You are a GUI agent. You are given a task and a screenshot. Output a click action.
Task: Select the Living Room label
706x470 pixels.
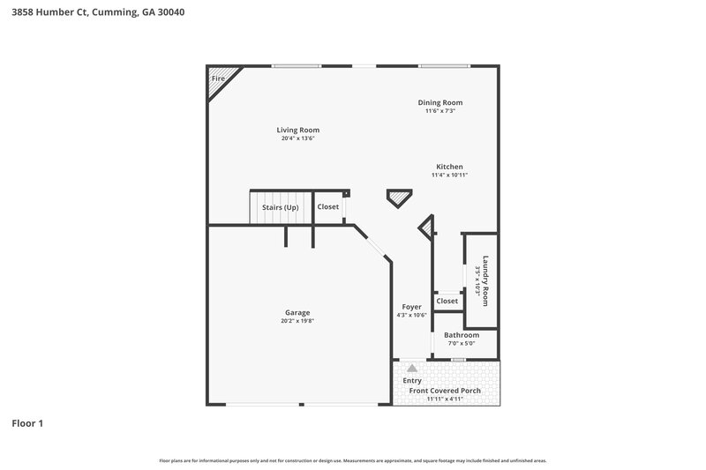(298, 130)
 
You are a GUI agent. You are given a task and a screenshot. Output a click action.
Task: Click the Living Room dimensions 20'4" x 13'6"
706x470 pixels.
(298, 138)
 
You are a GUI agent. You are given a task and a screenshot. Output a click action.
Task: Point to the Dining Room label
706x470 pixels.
(440, 102)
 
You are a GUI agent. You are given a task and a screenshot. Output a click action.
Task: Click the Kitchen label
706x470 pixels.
(449, 167)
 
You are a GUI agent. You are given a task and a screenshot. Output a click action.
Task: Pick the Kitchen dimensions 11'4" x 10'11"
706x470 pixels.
(449, 175)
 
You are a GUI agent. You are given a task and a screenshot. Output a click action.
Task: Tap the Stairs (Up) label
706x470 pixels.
(281, 207)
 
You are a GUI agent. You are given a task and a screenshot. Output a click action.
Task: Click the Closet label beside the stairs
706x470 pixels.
(328, 207)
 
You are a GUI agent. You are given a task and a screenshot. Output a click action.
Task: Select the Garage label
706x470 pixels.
(297, 312)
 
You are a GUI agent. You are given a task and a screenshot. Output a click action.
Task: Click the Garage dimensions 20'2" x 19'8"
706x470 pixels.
(297, 321)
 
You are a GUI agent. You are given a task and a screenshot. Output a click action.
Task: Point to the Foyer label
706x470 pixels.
(411, 307)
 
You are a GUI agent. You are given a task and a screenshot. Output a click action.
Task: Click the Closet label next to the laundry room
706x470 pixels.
(447, 301)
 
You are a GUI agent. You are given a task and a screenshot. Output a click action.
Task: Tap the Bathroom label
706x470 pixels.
(462, 335)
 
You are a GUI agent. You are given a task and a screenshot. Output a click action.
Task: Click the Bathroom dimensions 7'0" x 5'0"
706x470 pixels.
(462, 344)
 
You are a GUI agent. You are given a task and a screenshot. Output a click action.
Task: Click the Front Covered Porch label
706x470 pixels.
(445, 390)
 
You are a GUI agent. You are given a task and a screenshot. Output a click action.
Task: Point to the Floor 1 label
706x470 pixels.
(27, 423)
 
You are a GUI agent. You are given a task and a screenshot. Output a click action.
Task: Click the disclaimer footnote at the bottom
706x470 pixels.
(352, 460)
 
